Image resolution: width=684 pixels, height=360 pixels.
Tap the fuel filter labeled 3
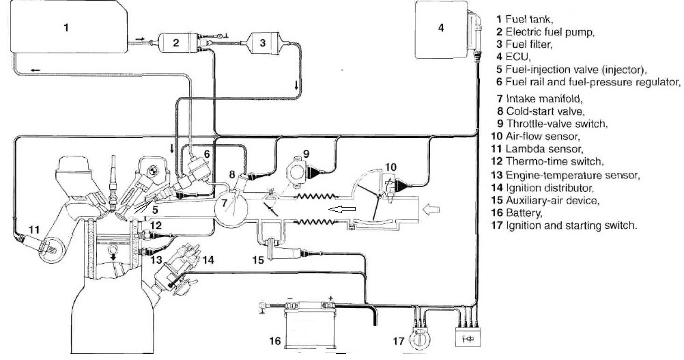(262, 43)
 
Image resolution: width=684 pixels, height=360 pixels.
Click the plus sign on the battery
(331, 299)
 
